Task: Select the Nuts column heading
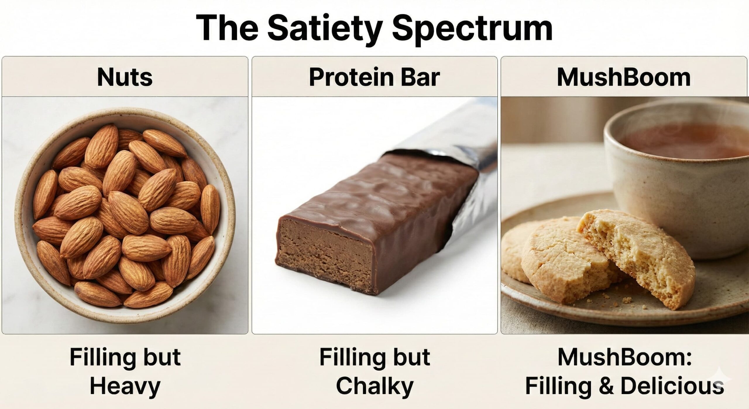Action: click(x=125, y=77)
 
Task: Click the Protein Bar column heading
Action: click(x=374, y=77)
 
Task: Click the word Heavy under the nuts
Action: click(x=125, y=386)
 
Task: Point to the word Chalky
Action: click(x=374, y=386)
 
